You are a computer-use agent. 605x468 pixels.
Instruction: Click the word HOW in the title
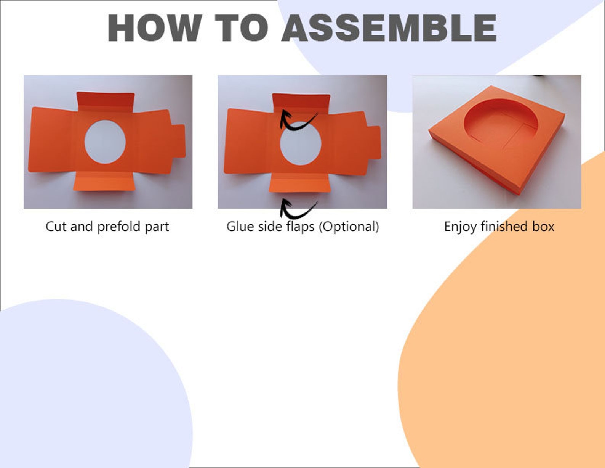point(155,28)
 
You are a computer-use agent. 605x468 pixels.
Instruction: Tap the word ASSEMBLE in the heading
point(389,28)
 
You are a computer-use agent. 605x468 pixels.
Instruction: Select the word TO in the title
point(242,28)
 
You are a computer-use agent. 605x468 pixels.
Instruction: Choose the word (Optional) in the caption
point(349,227)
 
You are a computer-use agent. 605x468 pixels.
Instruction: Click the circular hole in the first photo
point(105,142)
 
